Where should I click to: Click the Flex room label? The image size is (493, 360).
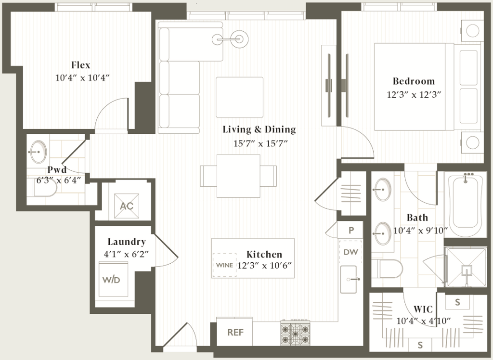(x=80, y=65)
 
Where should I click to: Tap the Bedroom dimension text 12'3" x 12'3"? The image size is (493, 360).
(x=414, y=95)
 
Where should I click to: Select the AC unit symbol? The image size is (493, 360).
(x=127, y=206)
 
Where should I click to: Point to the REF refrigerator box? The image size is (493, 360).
(x=235, y=332)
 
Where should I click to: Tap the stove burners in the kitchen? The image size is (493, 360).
(x=295, y=332)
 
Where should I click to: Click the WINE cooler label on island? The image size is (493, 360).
(x=224, y=265)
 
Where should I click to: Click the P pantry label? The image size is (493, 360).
(x=351, y=230)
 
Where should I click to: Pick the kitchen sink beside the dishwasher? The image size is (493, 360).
(x=350, y=279)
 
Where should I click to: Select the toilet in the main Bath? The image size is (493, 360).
(x=389, y=270)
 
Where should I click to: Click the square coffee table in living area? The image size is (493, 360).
(x=239, y=97)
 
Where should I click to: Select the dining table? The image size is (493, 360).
(x=238, y=176)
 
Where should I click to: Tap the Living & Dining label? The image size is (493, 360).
(x=259, y=129)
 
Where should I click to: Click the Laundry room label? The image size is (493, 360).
(x=127, y=242)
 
